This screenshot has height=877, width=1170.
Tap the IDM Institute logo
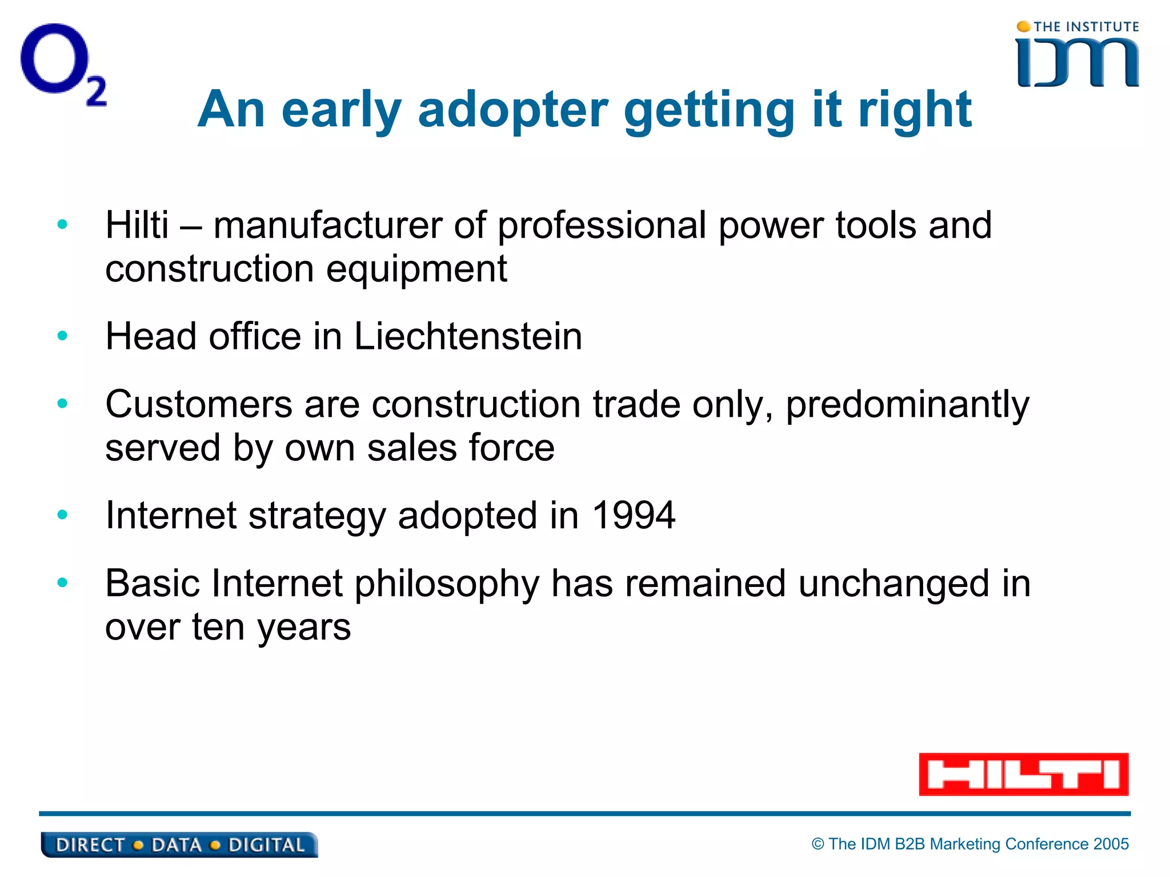[1077, 56]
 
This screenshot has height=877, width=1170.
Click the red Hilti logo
[1023, 774]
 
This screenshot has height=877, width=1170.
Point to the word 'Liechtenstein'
[468, 336]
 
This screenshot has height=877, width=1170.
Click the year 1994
[634, 516]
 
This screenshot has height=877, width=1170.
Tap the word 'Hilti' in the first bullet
[137, 225]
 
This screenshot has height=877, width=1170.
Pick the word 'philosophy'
[447, 585]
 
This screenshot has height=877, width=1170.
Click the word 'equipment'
[416, 269]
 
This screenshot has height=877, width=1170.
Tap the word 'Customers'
[199, 404]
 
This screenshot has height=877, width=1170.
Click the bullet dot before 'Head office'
[62, 336]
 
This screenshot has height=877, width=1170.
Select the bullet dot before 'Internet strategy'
[62, 515]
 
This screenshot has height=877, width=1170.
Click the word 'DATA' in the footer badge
[177, 845]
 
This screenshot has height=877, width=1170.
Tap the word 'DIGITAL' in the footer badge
[266, 845]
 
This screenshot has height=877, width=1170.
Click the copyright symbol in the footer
[818, 844]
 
